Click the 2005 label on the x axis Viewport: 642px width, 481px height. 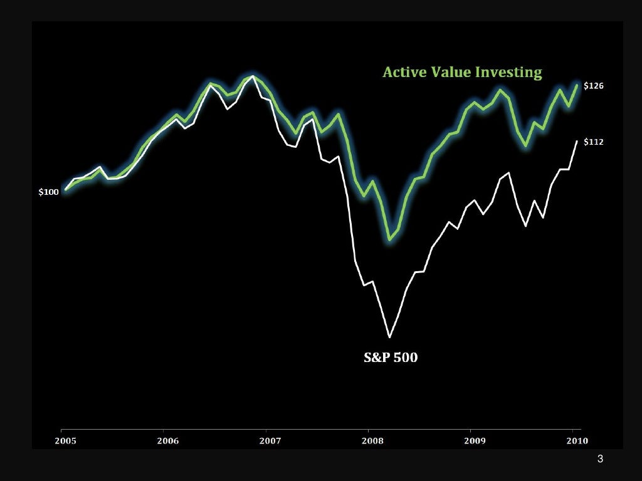(66, 441)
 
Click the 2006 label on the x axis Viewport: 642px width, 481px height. (168, 441)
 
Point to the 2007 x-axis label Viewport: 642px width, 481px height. (270, 441)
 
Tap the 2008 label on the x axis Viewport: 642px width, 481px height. (372, 441)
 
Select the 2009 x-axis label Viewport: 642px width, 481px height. (475, 441)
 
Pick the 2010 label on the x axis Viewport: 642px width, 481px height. (577, 441)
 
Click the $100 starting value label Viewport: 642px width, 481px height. (48, 192)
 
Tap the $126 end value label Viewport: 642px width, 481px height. (593, 86)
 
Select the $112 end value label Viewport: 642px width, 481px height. (593, 142)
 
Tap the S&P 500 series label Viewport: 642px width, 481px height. (391, 358)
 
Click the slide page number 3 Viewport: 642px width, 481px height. (600, 460)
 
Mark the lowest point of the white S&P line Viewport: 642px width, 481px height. (390, 337)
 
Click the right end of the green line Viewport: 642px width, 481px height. (577, 85)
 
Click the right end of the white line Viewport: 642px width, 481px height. (577, 141)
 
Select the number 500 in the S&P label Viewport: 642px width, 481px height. (405, 358)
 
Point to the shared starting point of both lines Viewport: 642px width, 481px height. (66, 189)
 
